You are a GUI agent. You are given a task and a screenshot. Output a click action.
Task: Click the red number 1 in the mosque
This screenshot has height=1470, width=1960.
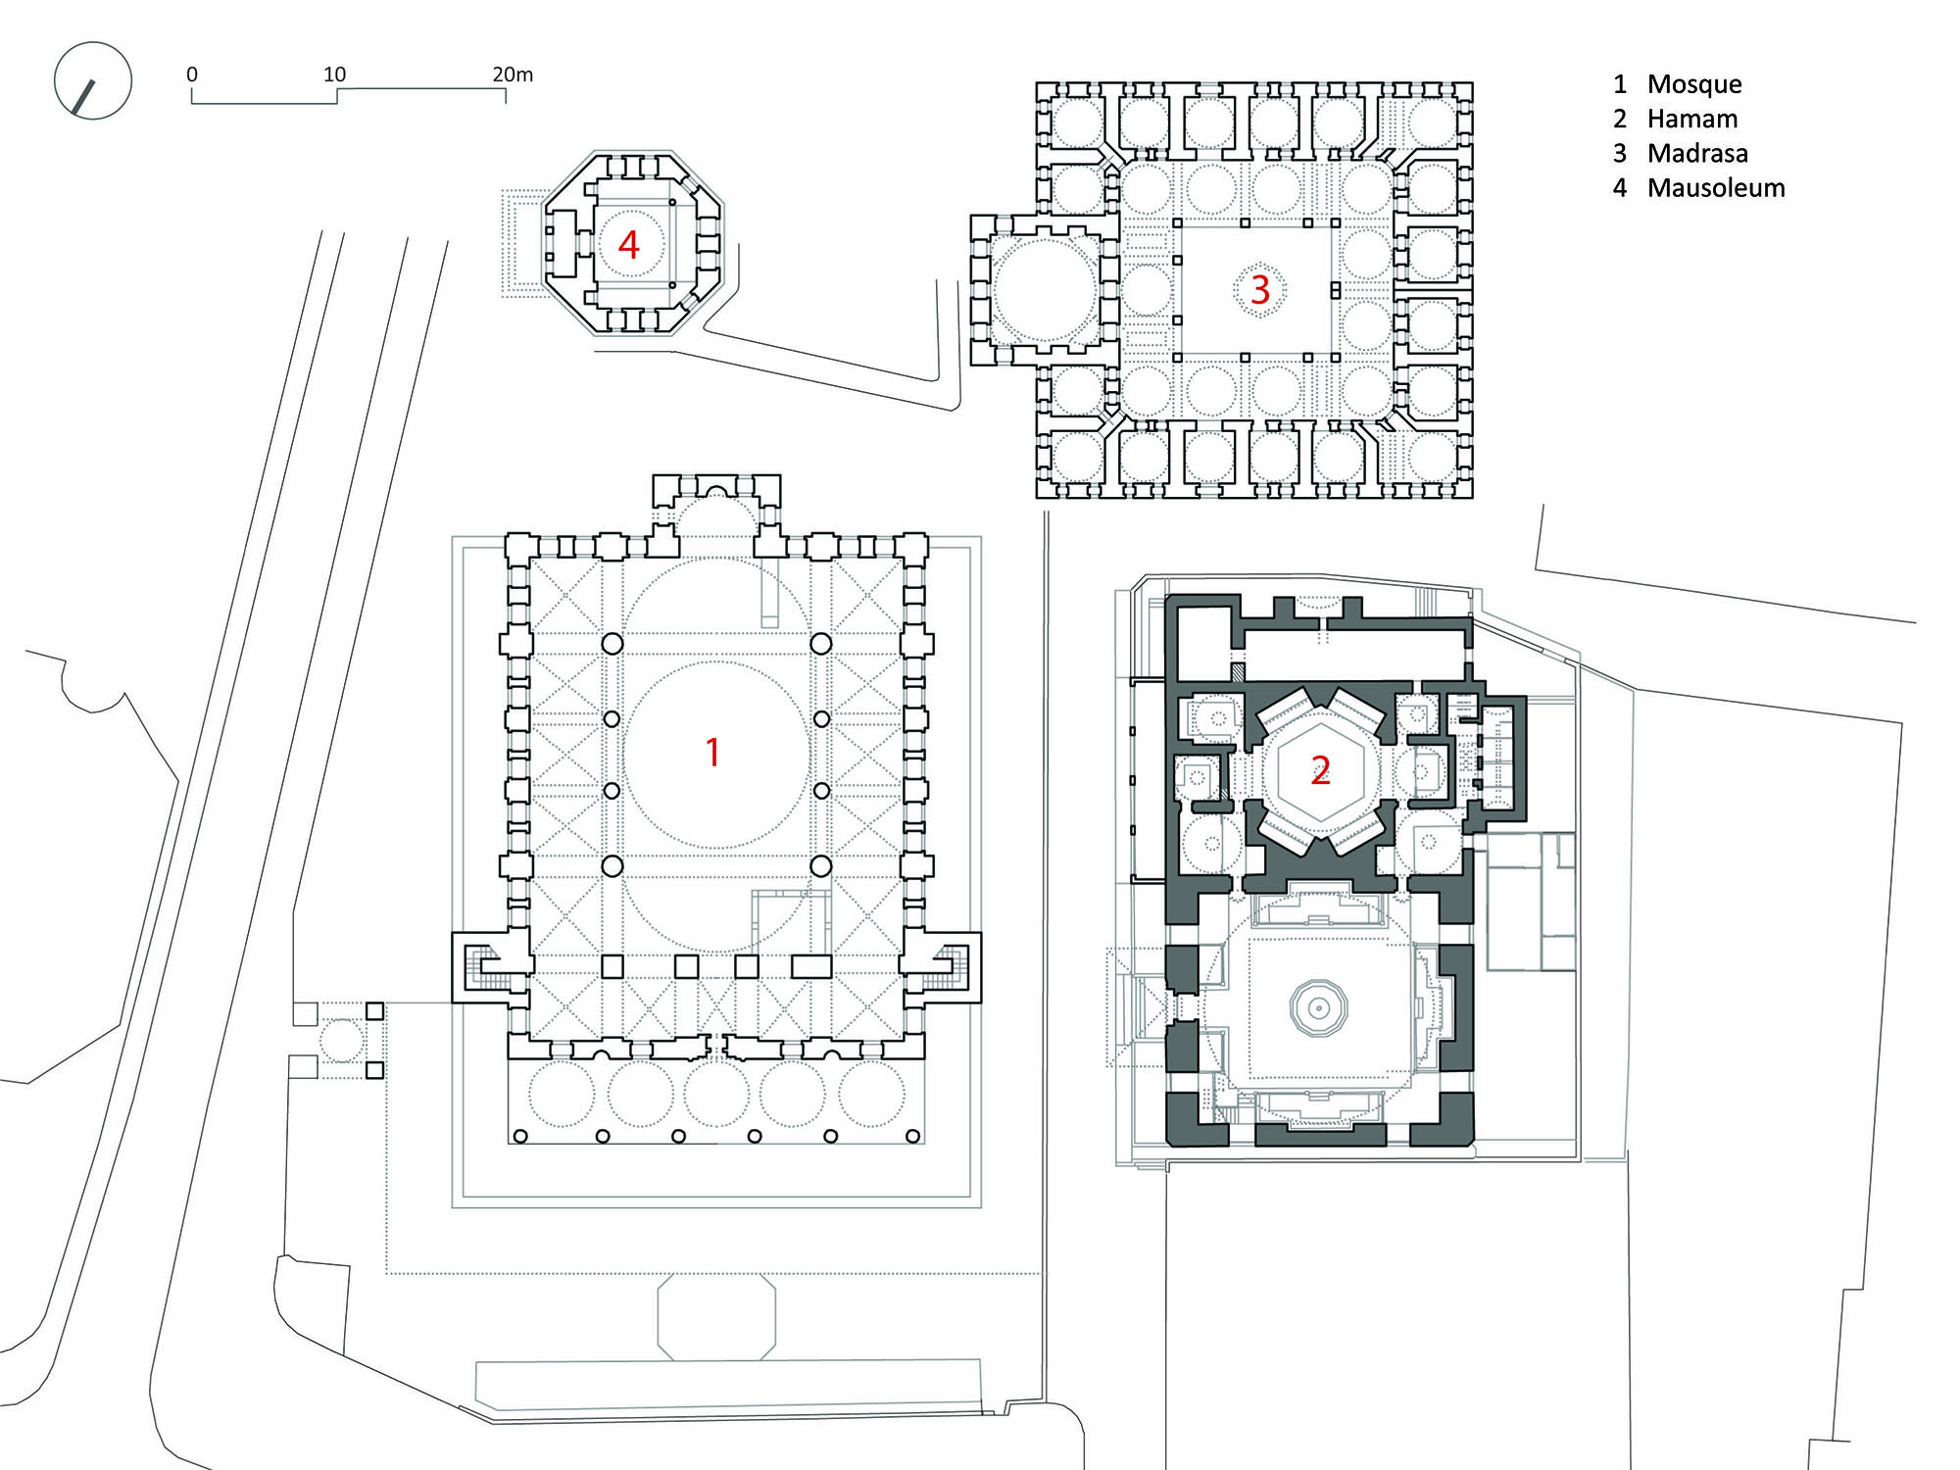click(x=713, y=753)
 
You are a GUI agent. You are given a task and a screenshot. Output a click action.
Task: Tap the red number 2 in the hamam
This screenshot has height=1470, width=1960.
click(x=1321, y=771)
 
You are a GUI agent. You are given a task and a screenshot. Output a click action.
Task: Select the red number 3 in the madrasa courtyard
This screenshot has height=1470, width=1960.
click(x=1260, y=290)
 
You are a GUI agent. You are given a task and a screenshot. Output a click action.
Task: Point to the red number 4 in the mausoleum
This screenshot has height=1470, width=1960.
click(x=629, y=245)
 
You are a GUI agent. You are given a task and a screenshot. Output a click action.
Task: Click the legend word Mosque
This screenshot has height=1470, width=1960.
click(x=1694, y=85)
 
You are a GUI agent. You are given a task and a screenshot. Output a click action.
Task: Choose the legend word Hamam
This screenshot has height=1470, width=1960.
click(x=1692, y=120)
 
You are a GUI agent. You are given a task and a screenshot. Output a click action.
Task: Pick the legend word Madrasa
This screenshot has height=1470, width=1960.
click(x=1697, y=154)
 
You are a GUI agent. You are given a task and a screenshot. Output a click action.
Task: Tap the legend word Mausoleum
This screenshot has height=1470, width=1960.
click(x=1716, y=188)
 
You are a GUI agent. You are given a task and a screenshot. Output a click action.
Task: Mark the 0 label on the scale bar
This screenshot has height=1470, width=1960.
click(x=192, y=74)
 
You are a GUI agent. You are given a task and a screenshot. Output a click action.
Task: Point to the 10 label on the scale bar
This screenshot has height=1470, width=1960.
click(x=335, y=74)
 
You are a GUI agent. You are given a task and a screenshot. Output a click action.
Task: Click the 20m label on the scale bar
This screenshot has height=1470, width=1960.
click(x=513, y=74)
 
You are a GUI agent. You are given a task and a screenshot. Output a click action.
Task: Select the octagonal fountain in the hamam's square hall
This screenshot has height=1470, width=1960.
click(x=1319, y=1006)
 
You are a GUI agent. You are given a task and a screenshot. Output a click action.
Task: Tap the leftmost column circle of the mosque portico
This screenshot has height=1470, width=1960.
click(x=520, y=1137)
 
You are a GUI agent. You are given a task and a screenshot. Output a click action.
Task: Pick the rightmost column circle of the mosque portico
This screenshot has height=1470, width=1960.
click(x=912, y=1137)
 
